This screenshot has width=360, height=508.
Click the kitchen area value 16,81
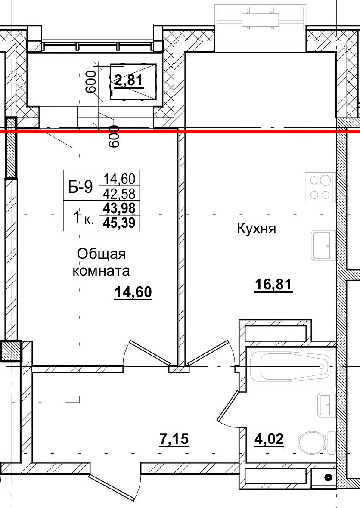[x=273, y=285]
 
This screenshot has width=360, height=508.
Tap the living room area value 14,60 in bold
[x=133, y=292]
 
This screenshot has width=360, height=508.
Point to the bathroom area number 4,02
[x=269, y=440]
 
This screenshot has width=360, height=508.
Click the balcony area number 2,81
[x=129, y=80]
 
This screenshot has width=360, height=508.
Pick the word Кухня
[x=256, y=229]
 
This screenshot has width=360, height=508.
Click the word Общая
[x=101, y=254]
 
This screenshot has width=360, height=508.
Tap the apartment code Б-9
[x=81, y=186]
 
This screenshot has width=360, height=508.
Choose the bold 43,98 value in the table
[x=119, y=208]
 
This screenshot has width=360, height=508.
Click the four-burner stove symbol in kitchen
[x=320, y=187]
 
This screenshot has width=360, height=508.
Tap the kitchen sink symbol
[x=324, y=245]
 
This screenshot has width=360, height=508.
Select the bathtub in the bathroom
[x=289, y=366]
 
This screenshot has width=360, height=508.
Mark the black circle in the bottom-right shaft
[x=328, y=477]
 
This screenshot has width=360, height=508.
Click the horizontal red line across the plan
[x=258, y=131]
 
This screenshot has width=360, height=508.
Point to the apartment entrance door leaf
[x=114, y=488]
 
